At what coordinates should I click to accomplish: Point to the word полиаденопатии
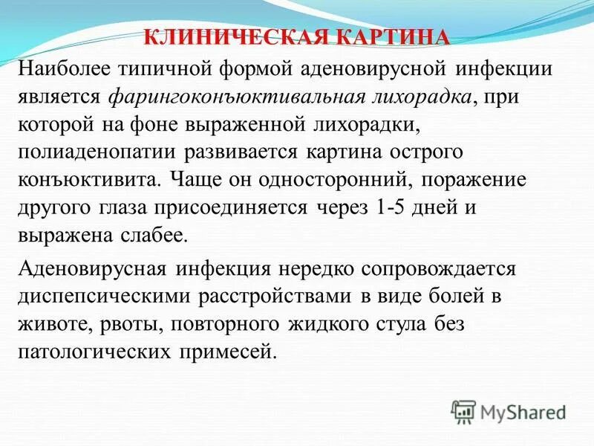pos(97,152)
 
